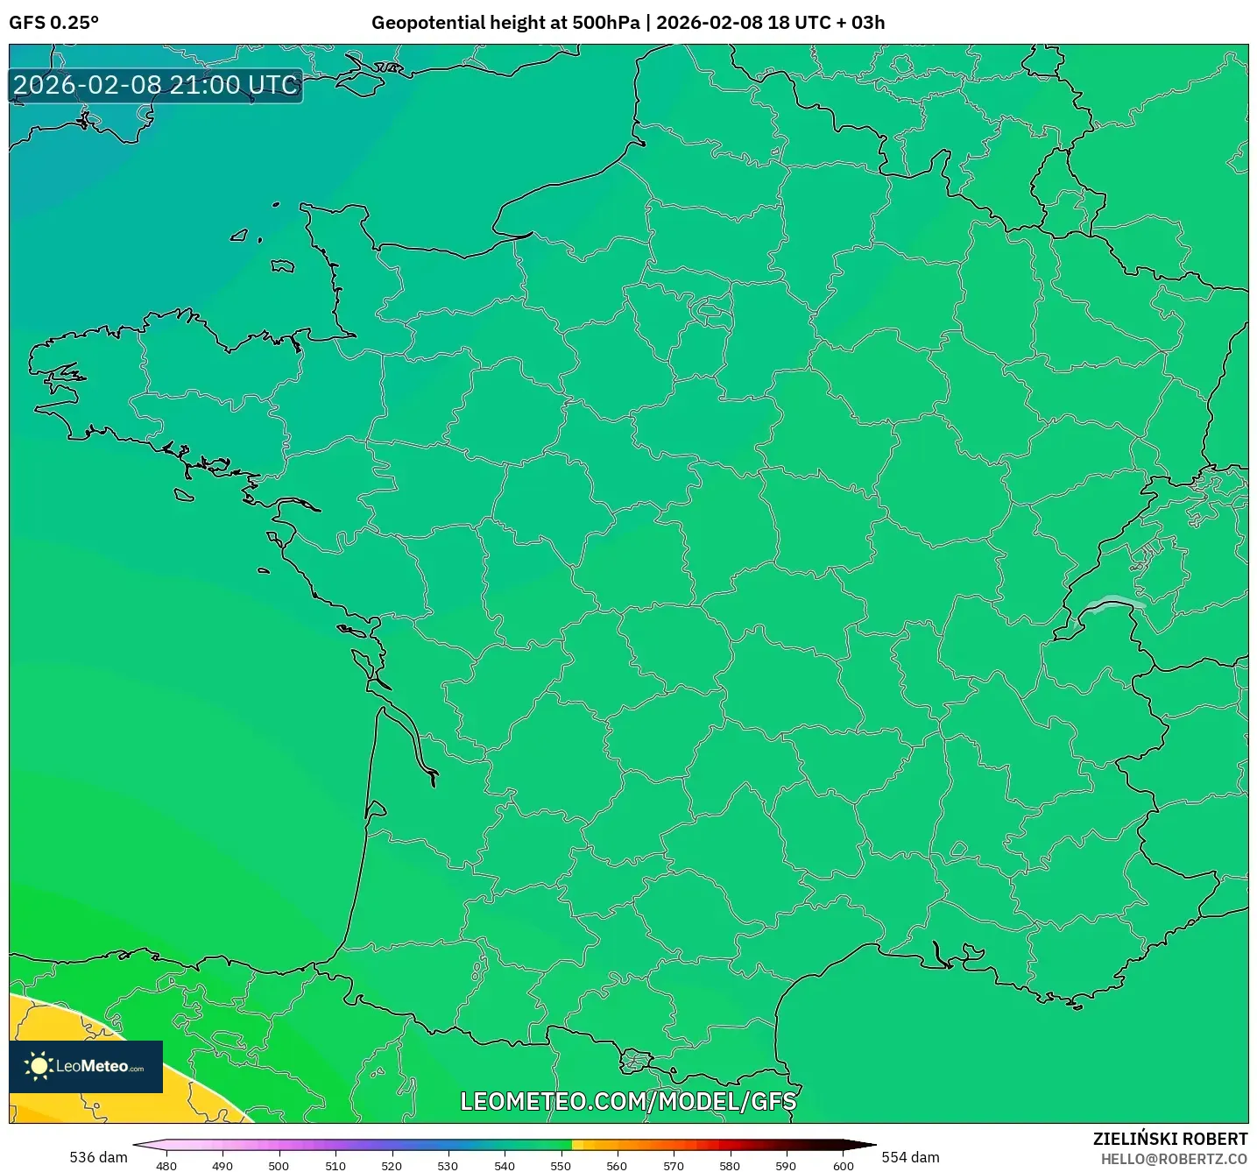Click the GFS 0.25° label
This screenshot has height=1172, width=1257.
click(53, 23)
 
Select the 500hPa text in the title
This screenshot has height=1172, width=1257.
click(605, 23)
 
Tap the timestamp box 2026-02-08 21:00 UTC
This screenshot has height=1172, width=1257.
click(156, 86)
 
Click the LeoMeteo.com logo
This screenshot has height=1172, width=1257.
click(86, 1066)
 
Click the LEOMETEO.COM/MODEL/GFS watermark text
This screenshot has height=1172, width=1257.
click(628, 1101)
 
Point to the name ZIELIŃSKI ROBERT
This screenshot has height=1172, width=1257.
click(1169, 1139)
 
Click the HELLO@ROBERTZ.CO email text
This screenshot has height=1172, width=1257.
click(1173, 1159)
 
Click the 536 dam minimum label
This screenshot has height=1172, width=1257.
click(98, 1157)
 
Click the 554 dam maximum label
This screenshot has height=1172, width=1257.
click(910, 1157)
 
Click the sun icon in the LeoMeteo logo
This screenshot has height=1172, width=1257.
click(39, 1066)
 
